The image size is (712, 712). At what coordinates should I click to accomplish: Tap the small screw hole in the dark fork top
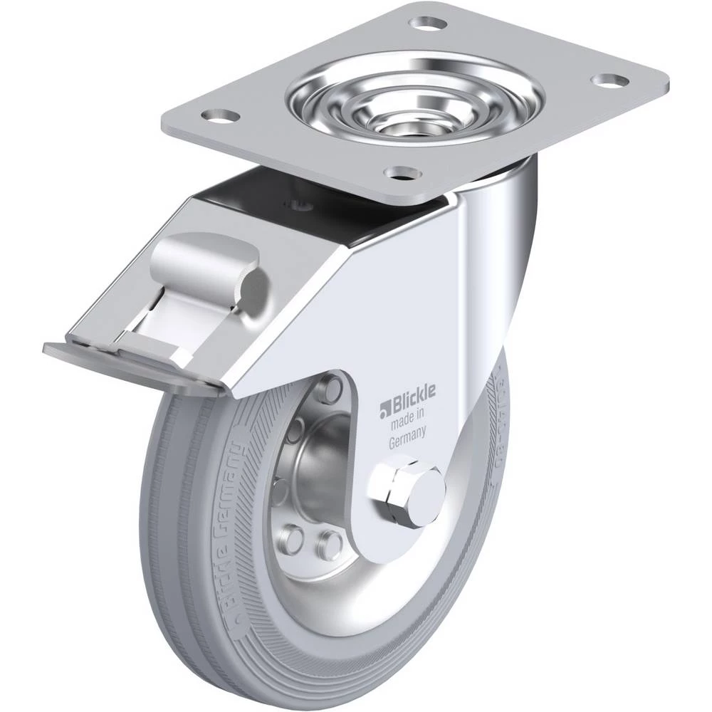tap(303, 206)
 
